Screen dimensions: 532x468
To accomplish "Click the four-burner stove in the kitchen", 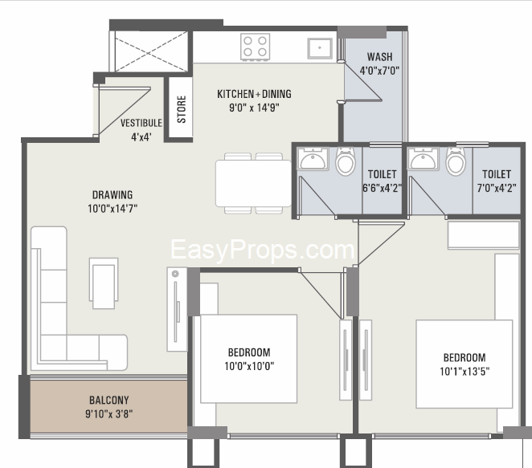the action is (x=255, y=47).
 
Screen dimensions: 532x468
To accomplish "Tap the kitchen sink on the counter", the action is (x=320, y=48).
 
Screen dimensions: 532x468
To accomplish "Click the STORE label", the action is (x=182, y=109).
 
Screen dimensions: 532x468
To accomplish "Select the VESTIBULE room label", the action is (x=141, y=123).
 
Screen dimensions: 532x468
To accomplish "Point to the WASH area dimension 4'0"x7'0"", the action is (x=379, y=71).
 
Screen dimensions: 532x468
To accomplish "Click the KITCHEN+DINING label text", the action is (x=254, y=94).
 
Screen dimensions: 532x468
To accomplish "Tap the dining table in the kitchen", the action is (x=253, y=183).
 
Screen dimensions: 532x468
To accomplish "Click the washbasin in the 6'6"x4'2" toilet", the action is (x=313, y=159).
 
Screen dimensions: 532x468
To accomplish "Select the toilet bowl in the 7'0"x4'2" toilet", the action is (x=456, y=161).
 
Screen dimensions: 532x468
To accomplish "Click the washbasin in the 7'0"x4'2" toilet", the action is (x=423, y=159).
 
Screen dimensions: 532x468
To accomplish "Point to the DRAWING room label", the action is (x=113, y=194).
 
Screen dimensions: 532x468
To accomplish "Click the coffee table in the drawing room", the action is (x=104, y=283).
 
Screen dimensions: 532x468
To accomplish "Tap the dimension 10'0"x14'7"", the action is (x=113, y=209).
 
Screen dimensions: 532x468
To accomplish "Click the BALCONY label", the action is (x=109, y=401).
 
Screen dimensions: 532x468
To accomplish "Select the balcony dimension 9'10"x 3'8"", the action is (x=109, y=413).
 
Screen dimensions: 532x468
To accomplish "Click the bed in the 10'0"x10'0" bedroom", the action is (x=248, y=359).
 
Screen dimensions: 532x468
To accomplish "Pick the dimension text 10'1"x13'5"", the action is (x=464, y=372).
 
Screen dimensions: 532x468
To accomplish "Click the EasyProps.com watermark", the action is (x=262, y=250).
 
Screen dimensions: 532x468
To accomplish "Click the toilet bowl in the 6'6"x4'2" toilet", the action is (x=346, y=161).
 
